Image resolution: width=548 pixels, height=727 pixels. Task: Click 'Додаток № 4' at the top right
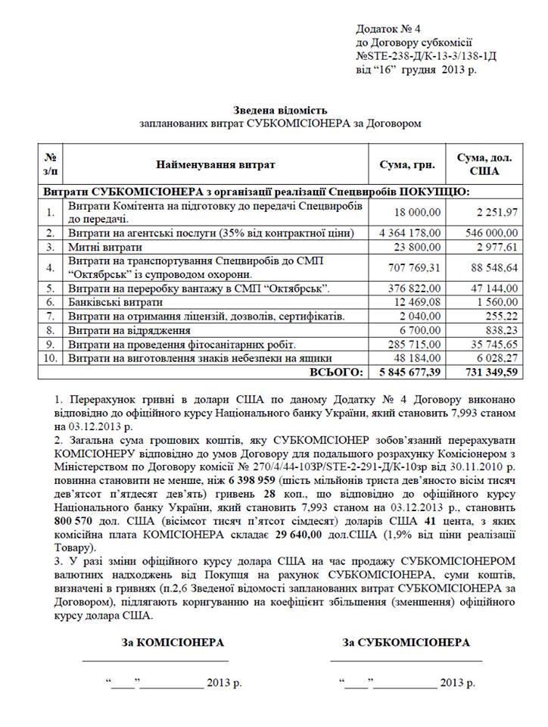tap(388, 29)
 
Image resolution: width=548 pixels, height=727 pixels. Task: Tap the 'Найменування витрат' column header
tap(216, 164)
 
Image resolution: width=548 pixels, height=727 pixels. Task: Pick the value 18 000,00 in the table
tap(419, 212)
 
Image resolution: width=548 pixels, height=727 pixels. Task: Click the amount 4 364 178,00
tap(409, 232)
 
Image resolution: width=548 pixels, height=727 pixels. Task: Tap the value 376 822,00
tap(414, 289)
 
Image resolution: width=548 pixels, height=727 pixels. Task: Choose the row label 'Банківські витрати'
tap(114, 302)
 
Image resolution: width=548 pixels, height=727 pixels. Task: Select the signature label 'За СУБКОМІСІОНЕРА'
tap(406, 642)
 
